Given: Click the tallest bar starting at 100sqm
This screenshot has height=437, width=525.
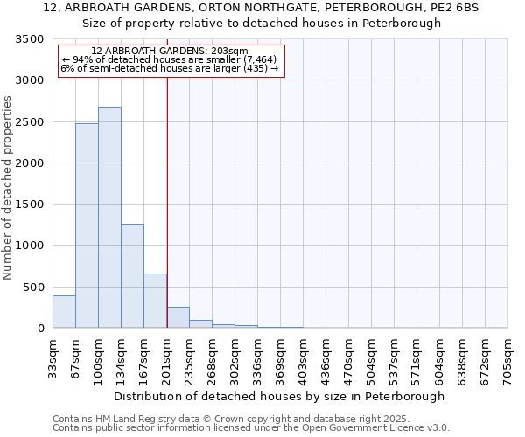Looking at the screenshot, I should tap(109, 218).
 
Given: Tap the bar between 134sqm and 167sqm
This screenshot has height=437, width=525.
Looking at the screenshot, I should tap(132, 276).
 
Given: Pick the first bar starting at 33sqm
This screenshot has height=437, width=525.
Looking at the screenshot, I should tap(64, 312).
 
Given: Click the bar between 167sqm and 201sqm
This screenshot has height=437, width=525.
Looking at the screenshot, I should tap(155, 301).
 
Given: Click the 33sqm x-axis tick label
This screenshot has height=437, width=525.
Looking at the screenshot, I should tap(53, 358).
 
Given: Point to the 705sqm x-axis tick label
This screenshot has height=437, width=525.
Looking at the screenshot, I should tap(508, 358).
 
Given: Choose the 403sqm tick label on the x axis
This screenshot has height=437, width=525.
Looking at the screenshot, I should tap(304, 358).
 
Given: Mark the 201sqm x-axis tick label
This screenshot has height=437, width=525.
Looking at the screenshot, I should tap(167, 358).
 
